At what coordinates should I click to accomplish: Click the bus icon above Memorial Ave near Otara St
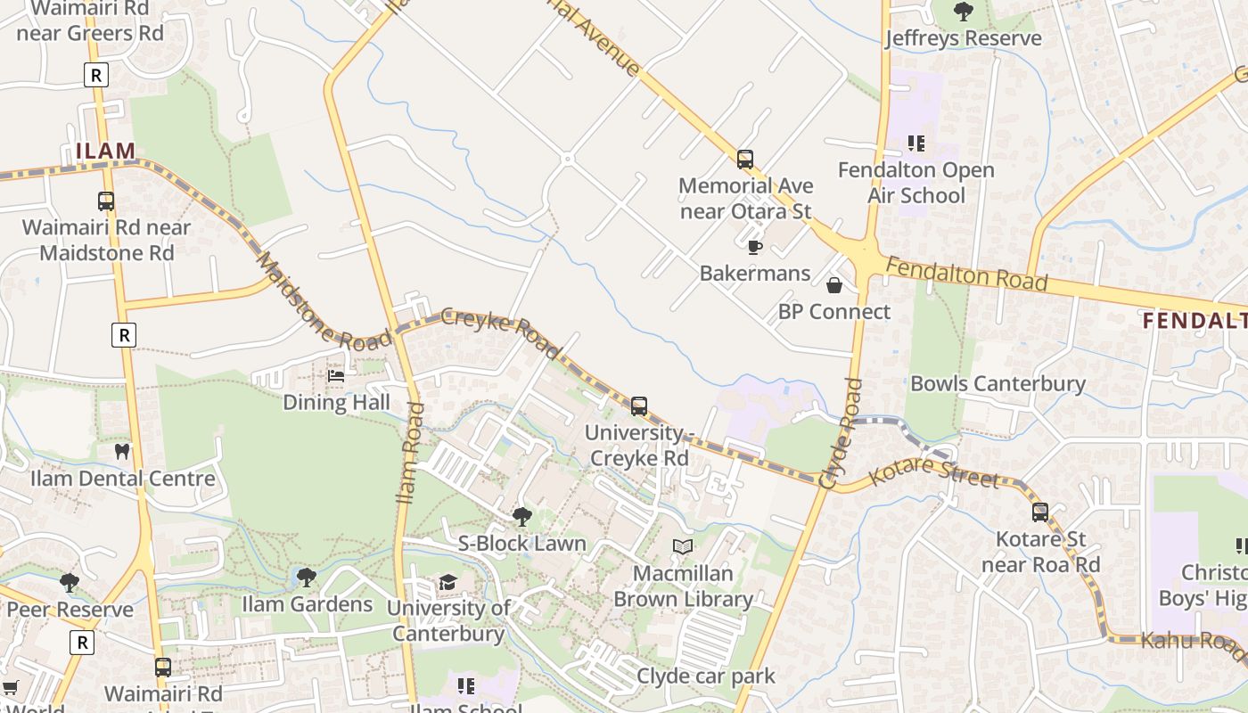click(x=745, y=160)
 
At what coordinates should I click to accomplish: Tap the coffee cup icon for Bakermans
click(x=755, y=247)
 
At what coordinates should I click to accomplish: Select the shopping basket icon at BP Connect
click(x=834, y=285)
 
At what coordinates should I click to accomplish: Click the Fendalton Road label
click(x=966, y=274)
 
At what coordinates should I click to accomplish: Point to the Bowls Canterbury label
click(x=998, y=383)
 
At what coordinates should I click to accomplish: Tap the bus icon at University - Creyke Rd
click(x=639, y=406)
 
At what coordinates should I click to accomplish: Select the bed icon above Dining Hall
click(x=336, y=376)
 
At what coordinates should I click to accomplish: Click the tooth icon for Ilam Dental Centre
click(x=122, y=452)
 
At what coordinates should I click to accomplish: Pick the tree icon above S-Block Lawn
click(x=522, y=517)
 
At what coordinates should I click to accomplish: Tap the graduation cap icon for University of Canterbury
click(x=447, y=582)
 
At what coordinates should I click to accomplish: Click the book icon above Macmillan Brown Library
click(x=683, y=546)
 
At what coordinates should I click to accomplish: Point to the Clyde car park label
click(x=706, y=676)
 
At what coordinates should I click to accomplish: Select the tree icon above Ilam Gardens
click(x=307, y=578)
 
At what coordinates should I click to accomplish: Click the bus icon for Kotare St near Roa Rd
click(x=1040, y=512)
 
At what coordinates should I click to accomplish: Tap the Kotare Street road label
click(x=933, y=473)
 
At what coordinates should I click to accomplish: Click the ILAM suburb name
click(x=105, y=151)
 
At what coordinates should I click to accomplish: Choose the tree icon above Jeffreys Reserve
click(x=963, y=12)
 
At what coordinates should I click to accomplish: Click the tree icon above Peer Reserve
click(x=70, y=583)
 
